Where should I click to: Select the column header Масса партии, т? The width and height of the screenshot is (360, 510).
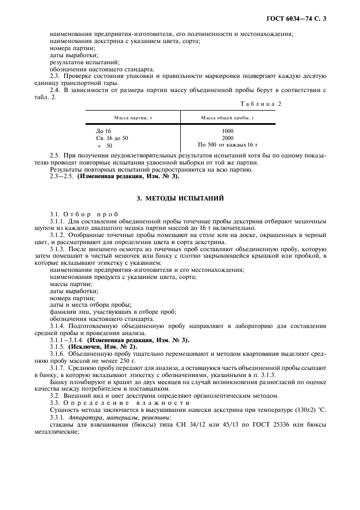[x=132, y=118]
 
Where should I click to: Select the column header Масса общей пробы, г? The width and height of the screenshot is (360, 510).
[x=228, y=118]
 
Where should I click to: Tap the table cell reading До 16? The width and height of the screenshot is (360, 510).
[x=103, y=131]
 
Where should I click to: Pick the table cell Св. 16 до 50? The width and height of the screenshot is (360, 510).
[x=112, y=138]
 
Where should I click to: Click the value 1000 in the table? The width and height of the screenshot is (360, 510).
[x=228, y=131]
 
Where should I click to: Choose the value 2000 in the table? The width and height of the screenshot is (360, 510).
[x=228, y=138]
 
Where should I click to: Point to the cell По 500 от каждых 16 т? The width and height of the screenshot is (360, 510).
[x=228, y=145]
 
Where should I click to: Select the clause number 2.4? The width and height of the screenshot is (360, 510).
[x=55, y=89]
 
